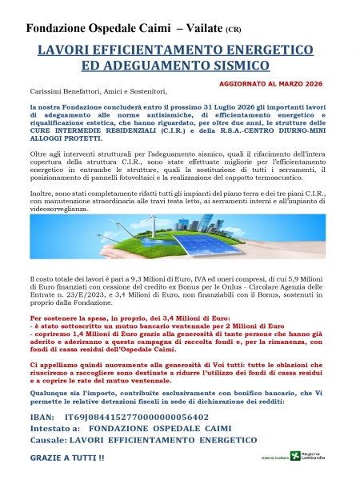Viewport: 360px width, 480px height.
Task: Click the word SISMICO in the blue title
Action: pos(238,65)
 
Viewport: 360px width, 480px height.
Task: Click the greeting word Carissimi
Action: pos(45,94)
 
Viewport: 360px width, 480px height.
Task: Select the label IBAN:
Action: pos(40,417)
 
